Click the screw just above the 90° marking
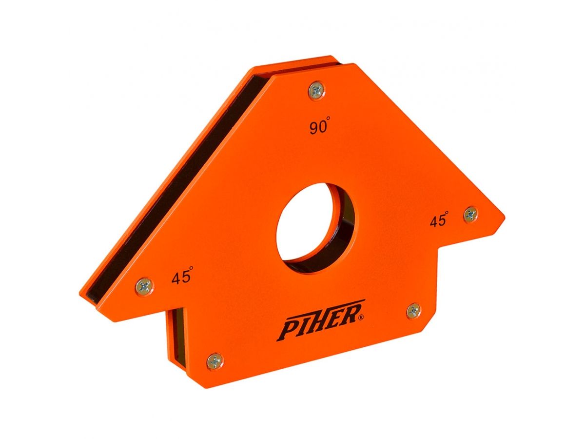(x=316, y=90)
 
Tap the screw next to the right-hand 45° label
(x=470, y=214)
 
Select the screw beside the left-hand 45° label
(x=144, y=285)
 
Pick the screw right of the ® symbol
(x=413, y=310)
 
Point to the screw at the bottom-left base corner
(x=214, y=361)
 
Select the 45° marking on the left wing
(x=181, y=278)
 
